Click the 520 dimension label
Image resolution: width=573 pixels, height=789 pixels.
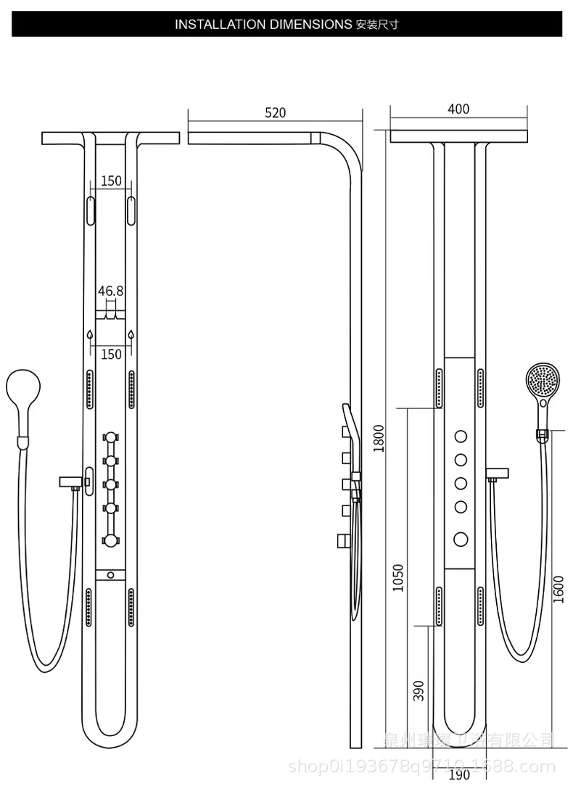(276, 112)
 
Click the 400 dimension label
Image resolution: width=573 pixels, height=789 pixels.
(458, 110)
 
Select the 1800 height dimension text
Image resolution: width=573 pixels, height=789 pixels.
(378, 437)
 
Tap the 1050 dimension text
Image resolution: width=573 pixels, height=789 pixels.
(397, 577)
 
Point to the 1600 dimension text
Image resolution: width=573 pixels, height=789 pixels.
(558, 589)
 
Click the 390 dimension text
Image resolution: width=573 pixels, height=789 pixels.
(419, 690)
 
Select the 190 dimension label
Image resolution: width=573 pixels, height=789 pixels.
(458, 775)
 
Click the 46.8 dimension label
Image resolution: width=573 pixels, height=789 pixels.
(111, 291)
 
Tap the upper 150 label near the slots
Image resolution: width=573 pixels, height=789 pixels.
(111, 181)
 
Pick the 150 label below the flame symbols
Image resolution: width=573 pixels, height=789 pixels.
(111, 354)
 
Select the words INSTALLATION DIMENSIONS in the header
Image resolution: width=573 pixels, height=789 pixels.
(263, 24)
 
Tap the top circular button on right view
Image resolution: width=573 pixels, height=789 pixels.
(461, 436)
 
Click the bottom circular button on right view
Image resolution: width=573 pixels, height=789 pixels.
(461, 538)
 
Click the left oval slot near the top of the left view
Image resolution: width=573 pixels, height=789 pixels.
(90, 210)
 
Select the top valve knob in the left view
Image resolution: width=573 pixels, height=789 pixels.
(110, 438)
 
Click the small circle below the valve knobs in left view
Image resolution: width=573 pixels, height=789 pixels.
(110, 575)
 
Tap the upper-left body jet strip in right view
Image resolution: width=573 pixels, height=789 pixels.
(440, 388)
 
